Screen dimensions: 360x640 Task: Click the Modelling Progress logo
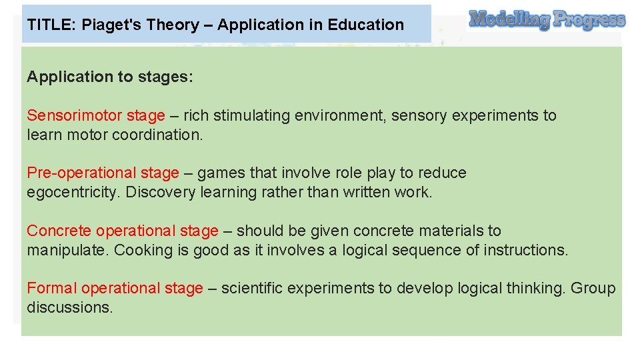point(547,20)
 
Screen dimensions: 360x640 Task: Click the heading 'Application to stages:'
point(110,77)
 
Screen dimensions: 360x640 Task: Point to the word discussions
point(69,308)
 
